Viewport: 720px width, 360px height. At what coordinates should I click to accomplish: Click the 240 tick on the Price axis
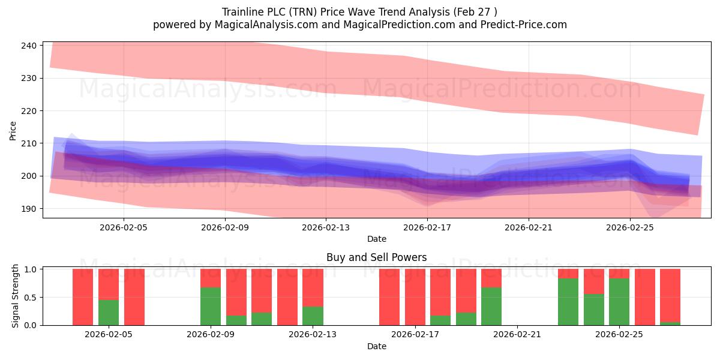(29, 46)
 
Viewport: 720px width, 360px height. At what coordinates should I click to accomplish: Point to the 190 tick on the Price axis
(29, 209)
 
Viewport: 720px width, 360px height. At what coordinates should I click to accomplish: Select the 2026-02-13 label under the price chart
(326, 227)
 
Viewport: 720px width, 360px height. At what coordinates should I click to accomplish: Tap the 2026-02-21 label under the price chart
(529, 227)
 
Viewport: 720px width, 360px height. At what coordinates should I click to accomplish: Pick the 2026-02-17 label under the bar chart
(415, 334)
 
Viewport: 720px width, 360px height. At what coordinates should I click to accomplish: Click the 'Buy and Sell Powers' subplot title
(376, 257)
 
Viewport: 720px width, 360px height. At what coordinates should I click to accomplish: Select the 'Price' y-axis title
(13, 131)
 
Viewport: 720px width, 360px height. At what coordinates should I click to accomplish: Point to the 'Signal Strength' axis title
(15, 296)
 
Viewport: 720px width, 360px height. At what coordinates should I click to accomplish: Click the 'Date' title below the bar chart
(377, 346)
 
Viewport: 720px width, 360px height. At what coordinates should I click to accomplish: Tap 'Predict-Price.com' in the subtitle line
(524, 25)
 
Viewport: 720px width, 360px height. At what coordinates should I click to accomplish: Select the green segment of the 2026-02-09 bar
(211, 307)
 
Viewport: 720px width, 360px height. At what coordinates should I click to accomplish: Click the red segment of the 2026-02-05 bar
(109, 284)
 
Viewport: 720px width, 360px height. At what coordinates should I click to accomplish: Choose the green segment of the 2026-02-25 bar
(619, 302)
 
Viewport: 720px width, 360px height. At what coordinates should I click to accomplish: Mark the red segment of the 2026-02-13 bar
(313, 287)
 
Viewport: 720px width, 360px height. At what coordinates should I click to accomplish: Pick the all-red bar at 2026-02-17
(415, 297)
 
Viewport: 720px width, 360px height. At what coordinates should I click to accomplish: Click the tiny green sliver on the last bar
(670, 323)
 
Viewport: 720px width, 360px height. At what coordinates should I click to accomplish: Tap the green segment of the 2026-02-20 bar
(491, 307)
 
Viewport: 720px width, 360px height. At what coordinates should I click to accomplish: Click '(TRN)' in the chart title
(303, 12)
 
